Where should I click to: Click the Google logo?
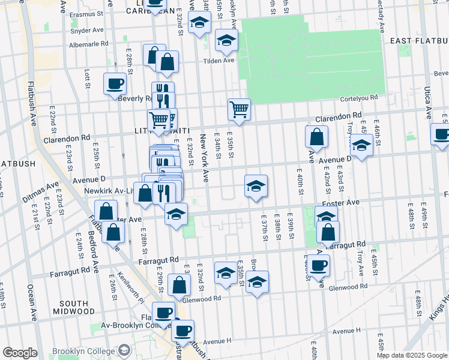click(x=19, y=353)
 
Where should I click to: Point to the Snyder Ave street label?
click(x=86, y=30)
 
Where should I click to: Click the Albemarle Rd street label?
click(x=88, y=44)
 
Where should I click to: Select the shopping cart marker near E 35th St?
click(x=239, y=109)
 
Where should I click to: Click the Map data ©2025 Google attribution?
click(x=411, y=355)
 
